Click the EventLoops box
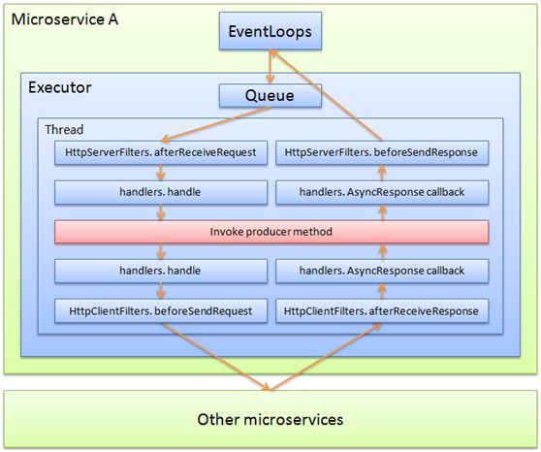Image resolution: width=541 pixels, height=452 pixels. pyautogui.click(x=270, y=32)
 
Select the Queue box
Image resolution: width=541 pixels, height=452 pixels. pyautogui.click(x=270, y=96)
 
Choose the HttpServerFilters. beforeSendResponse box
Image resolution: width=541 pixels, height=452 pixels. pyautogui.click(x=381, y=152)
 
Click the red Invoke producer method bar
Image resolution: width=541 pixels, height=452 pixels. pyautogui.click(x=270, y=232)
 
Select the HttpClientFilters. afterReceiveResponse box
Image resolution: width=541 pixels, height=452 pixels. pyautogui.click(x=381, y=311)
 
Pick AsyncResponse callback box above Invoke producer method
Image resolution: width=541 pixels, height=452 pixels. pyautogui.click(x=381, y=192)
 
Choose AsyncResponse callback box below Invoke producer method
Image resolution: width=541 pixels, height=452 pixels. pyautogui.click(x=381, y=272)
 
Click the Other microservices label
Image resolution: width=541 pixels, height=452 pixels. pyautogui.click(x=270, y=419)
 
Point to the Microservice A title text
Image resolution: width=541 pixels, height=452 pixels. pyautogui.click(x=60, y=18)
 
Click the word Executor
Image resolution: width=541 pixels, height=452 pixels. pyautogui.click(x=61, y=87)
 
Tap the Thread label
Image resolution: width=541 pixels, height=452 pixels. pyautogui.click(x=64, y=128)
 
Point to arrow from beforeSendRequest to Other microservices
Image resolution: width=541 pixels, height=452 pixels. pyautogui.click(x=213, y=357)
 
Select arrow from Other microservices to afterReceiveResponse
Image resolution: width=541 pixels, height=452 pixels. pyautogui.click(x=330, y=357)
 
